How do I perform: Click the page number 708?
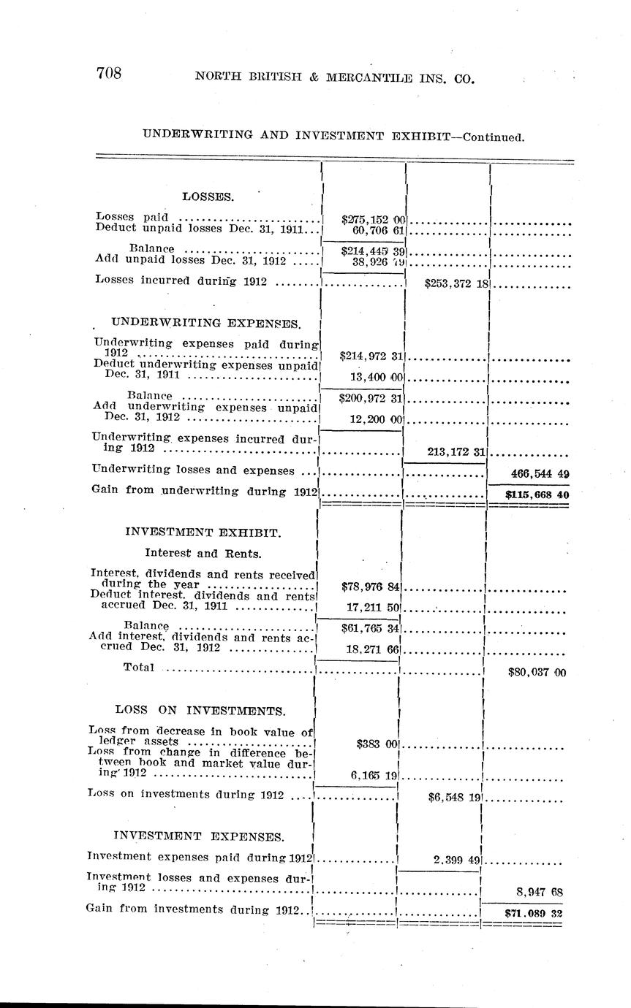tap(108, 73)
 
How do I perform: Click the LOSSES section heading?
tap(208, 196)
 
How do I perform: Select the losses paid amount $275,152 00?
tap(373, 219)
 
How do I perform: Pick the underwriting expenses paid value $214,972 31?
tap(372, 356)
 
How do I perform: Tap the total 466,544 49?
tap(539, 473)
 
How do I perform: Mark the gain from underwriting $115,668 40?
tap(537, 494)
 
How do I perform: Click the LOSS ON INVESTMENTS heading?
tap(200, 710)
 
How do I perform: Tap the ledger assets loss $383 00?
tap(377, 744)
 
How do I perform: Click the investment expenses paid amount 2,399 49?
tap(456, 860)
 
